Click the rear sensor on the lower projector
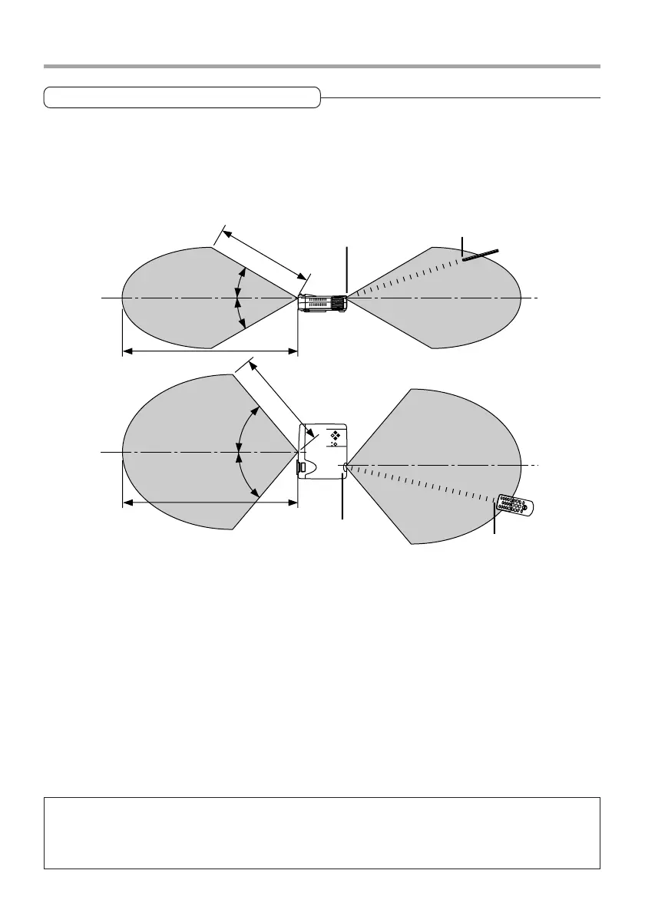(x=347, y=465)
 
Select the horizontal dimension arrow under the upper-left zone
(x=210, y=351)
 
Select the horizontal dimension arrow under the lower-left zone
(x=210, y=503)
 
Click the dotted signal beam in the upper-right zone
(x=407, y=279)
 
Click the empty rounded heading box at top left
(x=182, y=97)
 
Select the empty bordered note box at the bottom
(x=322, y=832)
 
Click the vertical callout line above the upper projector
(x=348, y=269)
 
